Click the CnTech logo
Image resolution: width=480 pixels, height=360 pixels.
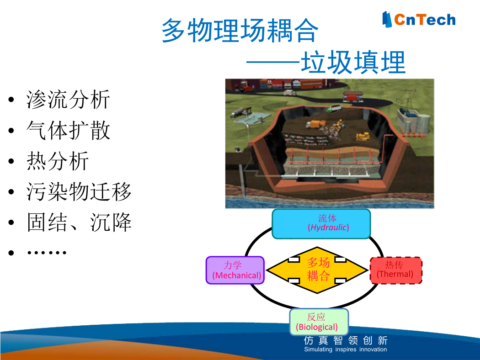coord(419,19)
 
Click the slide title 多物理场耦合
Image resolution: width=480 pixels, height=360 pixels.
coord(240,30)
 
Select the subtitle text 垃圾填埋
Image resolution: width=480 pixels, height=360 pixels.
coord(353,63)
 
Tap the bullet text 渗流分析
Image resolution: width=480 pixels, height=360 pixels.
coord(68,100)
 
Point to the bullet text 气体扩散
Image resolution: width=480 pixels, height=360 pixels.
coord(68,130)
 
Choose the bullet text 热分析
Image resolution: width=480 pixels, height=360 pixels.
coord(58,160)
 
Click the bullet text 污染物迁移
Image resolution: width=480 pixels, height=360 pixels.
coord(79,191)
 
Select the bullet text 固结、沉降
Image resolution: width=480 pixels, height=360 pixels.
coord(79,222)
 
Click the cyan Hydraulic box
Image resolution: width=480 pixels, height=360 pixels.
coord(321,224)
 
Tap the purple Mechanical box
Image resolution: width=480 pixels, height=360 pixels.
coord(235,270)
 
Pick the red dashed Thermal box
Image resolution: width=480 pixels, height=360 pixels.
coord(396,270)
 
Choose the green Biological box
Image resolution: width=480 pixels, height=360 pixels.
coord(319,322)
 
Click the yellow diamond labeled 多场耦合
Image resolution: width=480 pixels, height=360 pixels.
coord(317,270)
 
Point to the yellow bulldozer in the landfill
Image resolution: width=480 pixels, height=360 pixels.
coord(363,137)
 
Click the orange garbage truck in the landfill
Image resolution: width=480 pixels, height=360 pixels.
coord(316,124)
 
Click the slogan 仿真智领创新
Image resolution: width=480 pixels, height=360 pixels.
coord(346,340)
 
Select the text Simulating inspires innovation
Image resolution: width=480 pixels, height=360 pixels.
coord(345,349)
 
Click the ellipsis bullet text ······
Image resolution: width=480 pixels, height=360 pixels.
coord(47,253)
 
